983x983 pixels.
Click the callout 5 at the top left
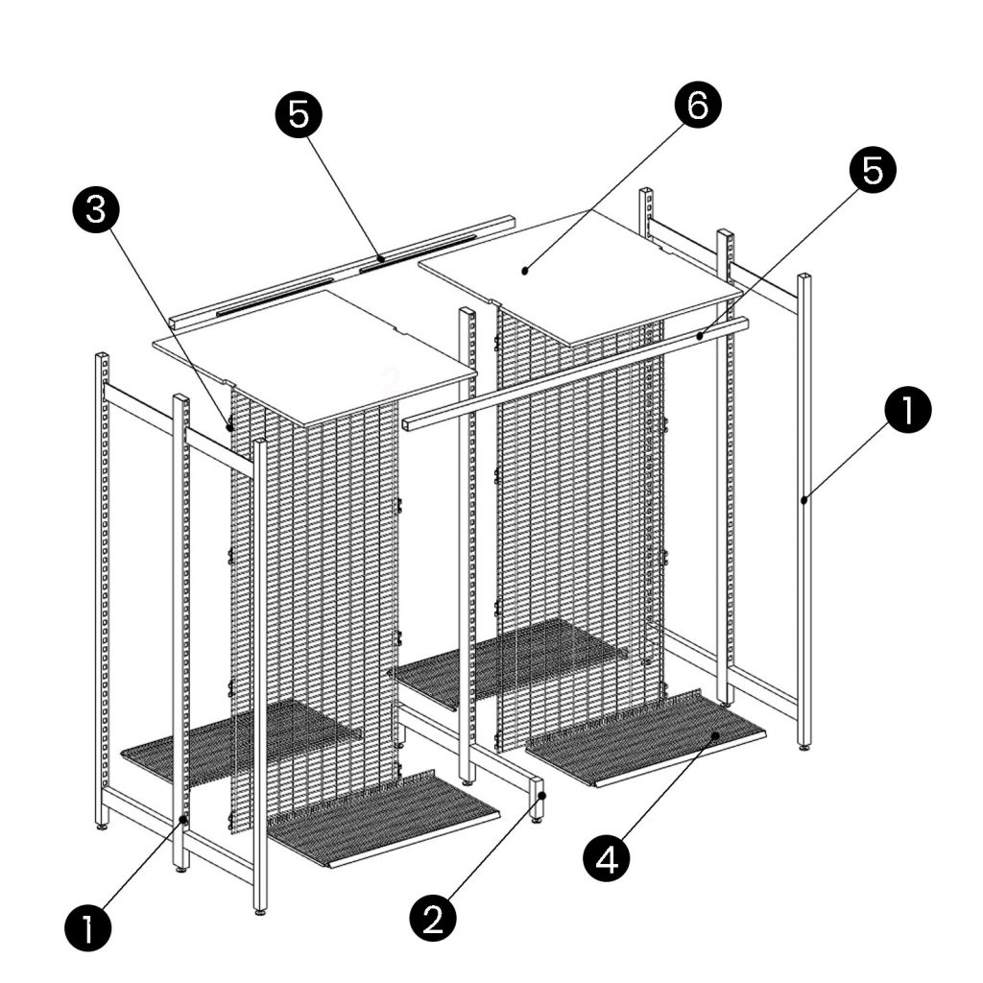(x=299, y=115)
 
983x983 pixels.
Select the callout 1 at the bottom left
(x=88, y=928)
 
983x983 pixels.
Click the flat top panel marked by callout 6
(x=586, y=274)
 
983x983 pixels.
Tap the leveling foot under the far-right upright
(x=803, y=745)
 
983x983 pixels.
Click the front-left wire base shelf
(x=384, y=816)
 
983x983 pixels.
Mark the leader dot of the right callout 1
(x=803, y=498)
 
